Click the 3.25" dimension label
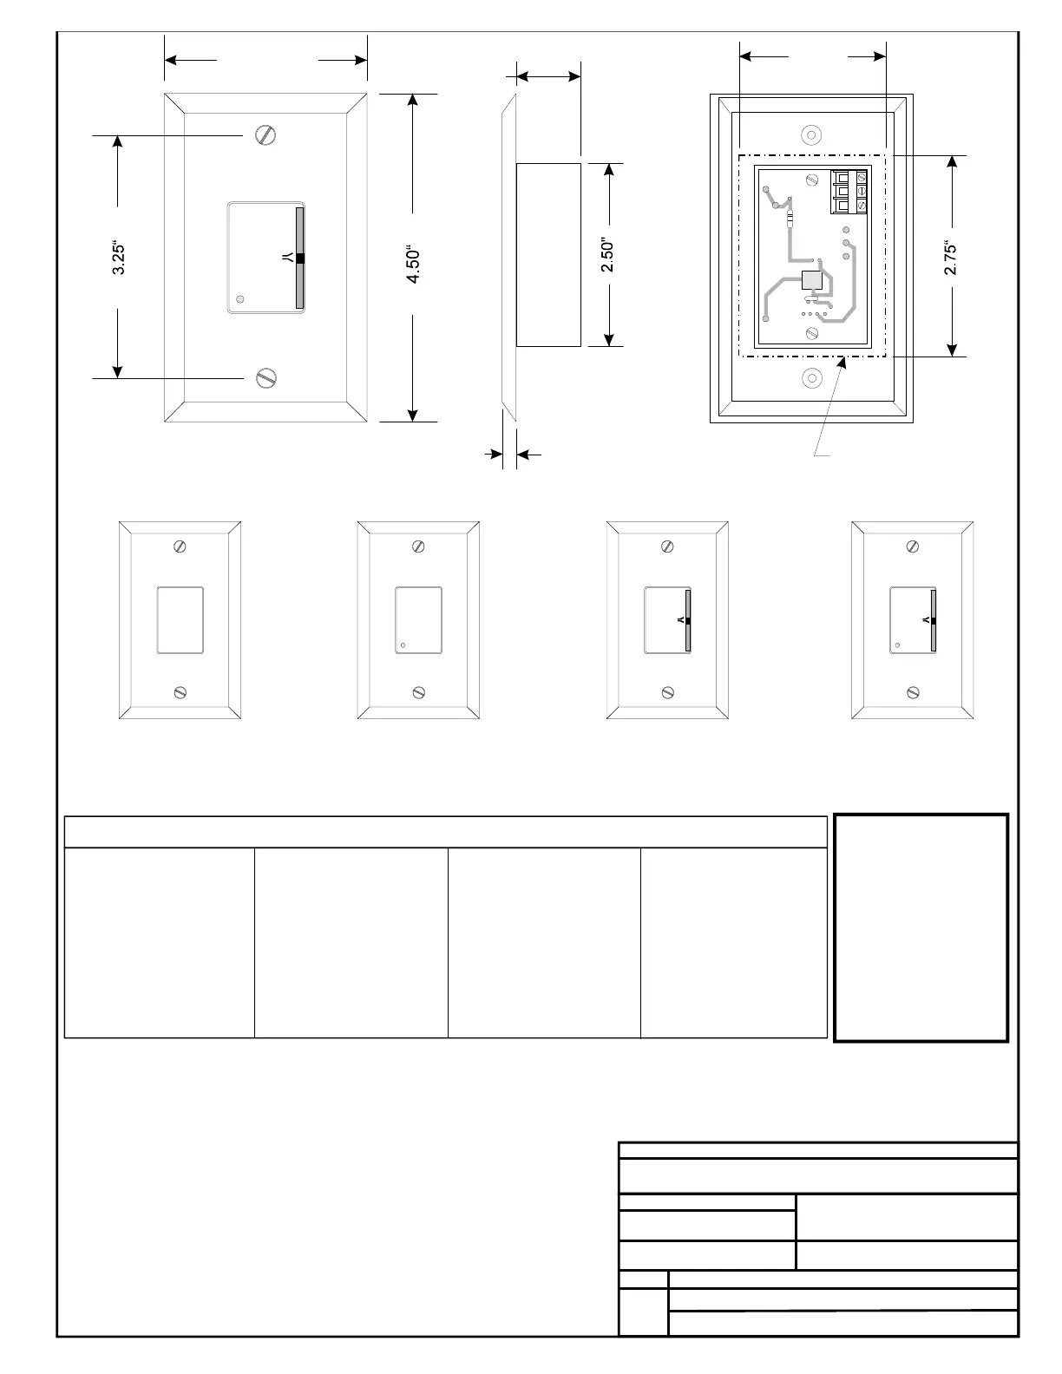click(118, 258)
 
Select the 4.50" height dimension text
click(412, 265)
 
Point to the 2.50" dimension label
click(607, 255)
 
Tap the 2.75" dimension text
click(950, 258)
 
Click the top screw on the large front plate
click(265, 134)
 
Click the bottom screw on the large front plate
click(266, 378)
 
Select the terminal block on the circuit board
click(849, 191)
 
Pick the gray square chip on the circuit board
click(811, 280)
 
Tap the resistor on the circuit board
click(789, 219)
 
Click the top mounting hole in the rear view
click(811, 134)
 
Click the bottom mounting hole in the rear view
click(811, 378)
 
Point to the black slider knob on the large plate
click(300, 258)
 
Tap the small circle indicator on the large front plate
click(239, 299)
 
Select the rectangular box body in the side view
click(548, 255)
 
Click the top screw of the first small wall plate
click(180, 546)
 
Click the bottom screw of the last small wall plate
click(913, 692)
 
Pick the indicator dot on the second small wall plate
click(403, 645)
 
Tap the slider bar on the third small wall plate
click(688, 619)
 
